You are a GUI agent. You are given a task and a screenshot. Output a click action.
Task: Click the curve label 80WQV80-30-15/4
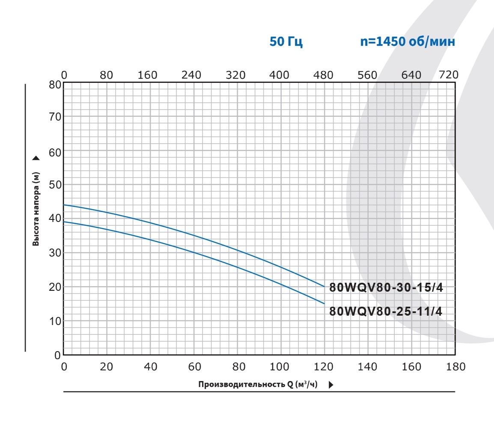coord(386,288)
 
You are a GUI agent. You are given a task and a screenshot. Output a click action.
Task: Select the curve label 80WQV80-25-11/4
coord(386,311)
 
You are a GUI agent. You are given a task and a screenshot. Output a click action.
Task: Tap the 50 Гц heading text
coord(286,42)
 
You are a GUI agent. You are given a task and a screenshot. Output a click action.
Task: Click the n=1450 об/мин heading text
coord(407,42)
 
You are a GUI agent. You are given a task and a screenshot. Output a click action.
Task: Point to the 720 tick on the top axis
coord(449,75)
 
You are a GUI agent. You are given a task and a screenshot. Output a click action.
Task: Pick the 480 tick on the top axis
coord(323,75)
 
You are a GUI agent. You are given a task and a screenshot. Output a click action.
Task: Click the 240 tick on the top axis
coord(191,75)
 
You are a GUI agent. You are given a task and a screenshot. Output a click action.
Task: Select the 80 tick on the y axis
coord(55,84)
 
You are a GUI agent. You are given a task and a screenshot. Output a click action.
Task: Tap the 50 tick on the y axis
coord(55,185)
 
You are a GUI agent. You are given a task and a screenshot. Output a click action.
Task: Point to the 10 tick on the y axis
coord(55,321)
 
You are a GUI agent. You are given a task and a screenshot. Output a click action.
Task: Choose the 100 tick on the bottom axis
coord(280,367)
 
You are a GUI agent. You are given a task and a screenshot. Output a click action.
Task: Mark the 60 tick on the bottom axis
coord(194,367)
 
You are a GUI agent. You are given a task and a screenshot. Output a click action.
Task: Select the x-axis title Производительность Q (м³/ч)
coord(258,384)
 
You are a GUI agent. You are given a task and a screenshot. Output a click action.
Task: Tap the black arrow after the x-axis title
coord(331,385)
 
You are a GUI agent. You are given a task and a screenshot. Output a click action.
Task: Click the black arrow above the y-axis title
coord(36,158)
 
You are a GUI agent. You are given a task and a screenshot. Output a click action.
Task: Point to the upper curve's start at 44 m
coord(64,205)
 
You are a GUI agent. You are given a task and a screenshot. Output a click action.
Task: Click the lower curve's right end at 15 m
coord(324,303)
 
